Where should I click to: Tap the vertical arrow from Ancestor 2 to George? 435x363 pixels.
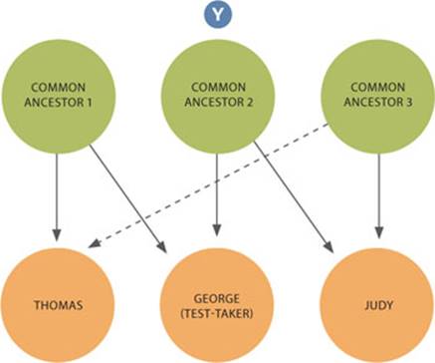(216, 189)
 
